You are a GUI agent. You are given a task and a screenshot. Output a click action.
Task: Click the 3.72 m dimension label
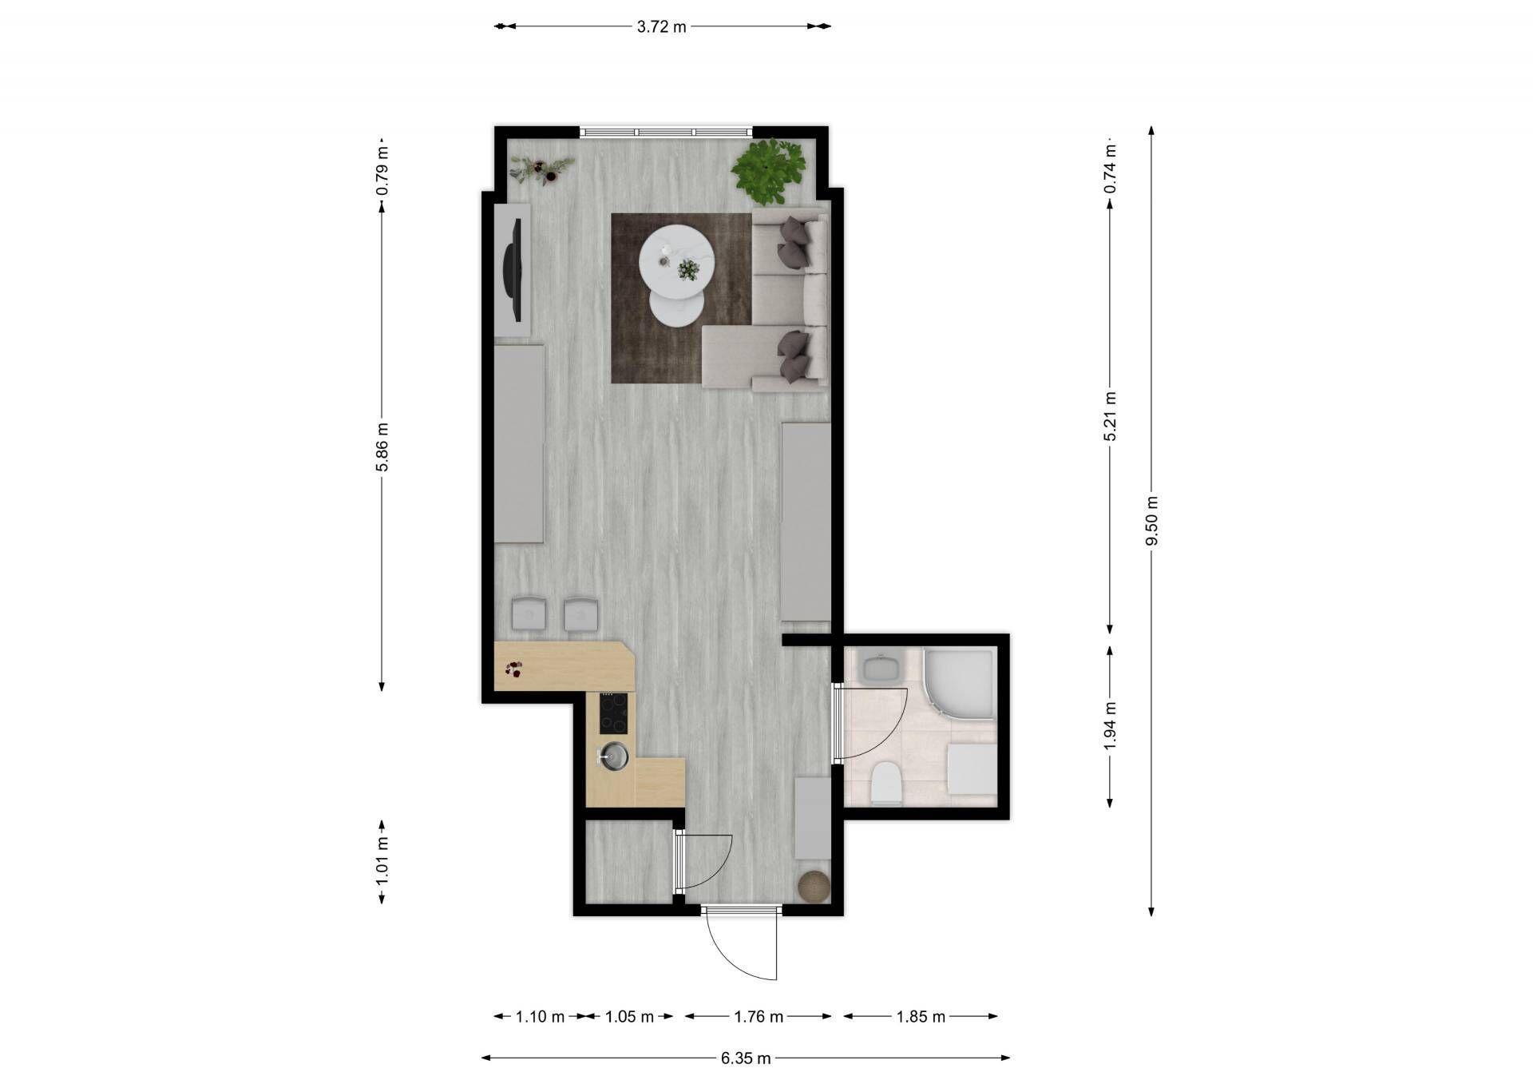point(661,26)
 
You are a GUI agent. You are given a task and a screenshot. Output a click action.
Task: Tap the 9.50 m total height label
point(1151,521)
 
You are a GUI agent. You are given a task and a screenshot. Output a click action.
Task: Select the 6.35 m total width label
point(746,1058)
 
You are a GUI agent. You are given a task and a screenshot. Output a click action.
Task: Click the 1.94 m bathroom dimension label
point(1110,725)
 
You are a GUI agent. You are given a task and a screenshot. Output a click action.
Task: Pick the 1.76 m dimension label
point(759,1017)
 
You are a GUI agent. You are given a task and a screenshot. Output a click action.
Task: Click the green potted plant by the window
point(768,171)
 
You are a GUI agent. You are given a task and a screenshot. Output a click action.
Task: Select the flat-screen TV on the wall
point(513,268)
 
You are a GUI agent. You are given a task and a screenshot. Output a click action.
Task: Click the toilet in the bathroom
point(885,783)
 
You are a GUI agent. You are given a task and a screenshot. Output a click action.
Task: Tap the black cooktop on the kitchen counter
point(613,713)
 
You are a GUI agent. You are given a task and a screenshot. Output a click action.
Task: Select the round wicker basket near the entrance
point(814,886)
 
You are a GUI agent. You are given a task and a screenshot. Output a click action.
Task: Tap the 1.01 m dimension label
point(382,861)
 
